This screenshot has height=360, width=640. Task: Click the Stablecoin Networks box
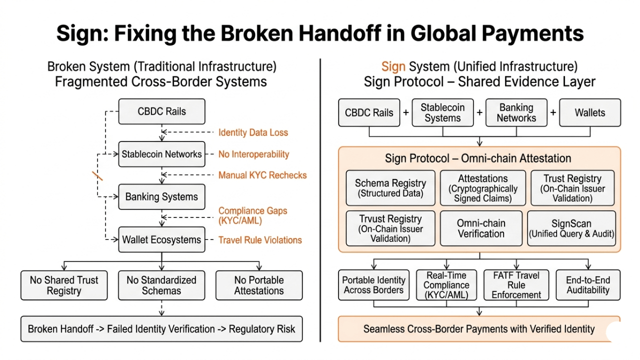tap(161, 154)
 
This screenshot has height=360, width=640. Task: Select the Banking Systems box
tap(161, 196)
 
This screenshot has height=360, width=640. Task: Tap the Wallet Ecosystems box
tap(161, 239)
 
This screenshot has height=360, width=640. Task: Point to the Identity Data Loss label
tap(253, 132)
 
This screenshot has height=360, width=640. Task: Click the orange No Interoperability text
tap(253, 154)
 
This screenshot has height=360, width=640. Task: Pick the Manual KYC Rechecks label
tap(262, 175)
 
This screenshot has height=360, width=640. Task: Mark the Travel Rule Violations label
tap(260, 240)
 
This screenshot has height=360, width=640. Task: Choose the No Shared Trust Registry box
tap(64, 285)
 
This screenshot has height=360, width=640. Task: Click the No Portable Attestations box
tap(259, 285)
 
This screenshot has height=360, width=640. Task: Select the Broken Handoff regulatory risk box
tap(161, 329)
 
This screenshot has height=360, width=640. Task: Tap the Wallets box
tap(590, 112)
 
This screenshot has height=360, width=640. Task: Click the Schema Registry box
tap(390, 188)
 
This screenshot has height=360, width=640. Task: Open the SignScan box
tap(571, 228)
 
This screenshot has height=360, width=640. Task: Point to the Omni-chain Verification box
tap(481, 228)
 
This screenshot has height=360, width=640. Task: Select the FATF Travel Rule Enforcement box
tap(516, 285)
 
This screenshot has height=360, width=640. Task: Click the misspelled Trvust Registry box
tap(390, 228)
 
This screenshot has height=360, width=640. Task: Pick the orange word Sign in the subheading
tap(393, 66)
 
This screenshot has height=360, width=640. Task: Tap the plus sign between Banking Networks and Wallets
tap(553, 112)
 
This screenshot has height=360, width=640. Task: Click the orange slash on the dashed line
tap(97, 176)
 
